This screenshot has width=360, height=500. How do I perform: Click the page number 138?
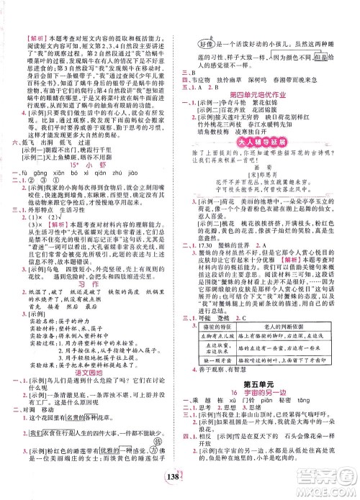coord(176,483)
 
